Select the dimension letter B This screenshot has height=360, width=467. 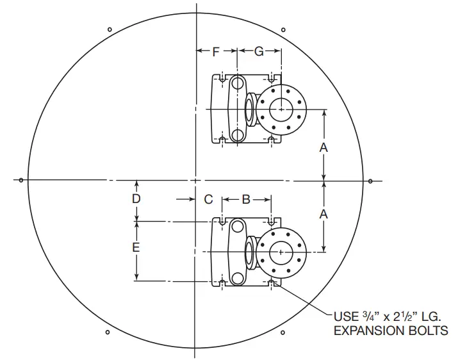[246, 199]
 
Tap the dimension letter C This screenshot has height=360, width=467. [208, 199]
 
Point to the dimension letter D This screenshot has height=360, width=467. [136, 199]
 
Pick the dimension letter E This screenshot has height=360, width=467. [136, 247]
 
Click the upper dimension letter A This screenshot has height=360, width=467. [324, 147]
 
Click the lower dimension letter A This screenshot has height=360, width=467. [324, 214]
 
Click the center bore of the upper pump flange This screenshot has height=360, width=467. [279, 110]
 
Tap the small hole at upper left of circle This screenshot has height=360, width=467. [110, 29]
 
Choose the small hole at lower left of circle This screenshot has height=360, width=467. [108, 332]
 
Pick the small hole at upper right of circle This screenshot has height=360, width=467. [283, 28]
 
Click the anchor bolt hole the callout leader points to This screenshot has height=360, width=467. [272, 281]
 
